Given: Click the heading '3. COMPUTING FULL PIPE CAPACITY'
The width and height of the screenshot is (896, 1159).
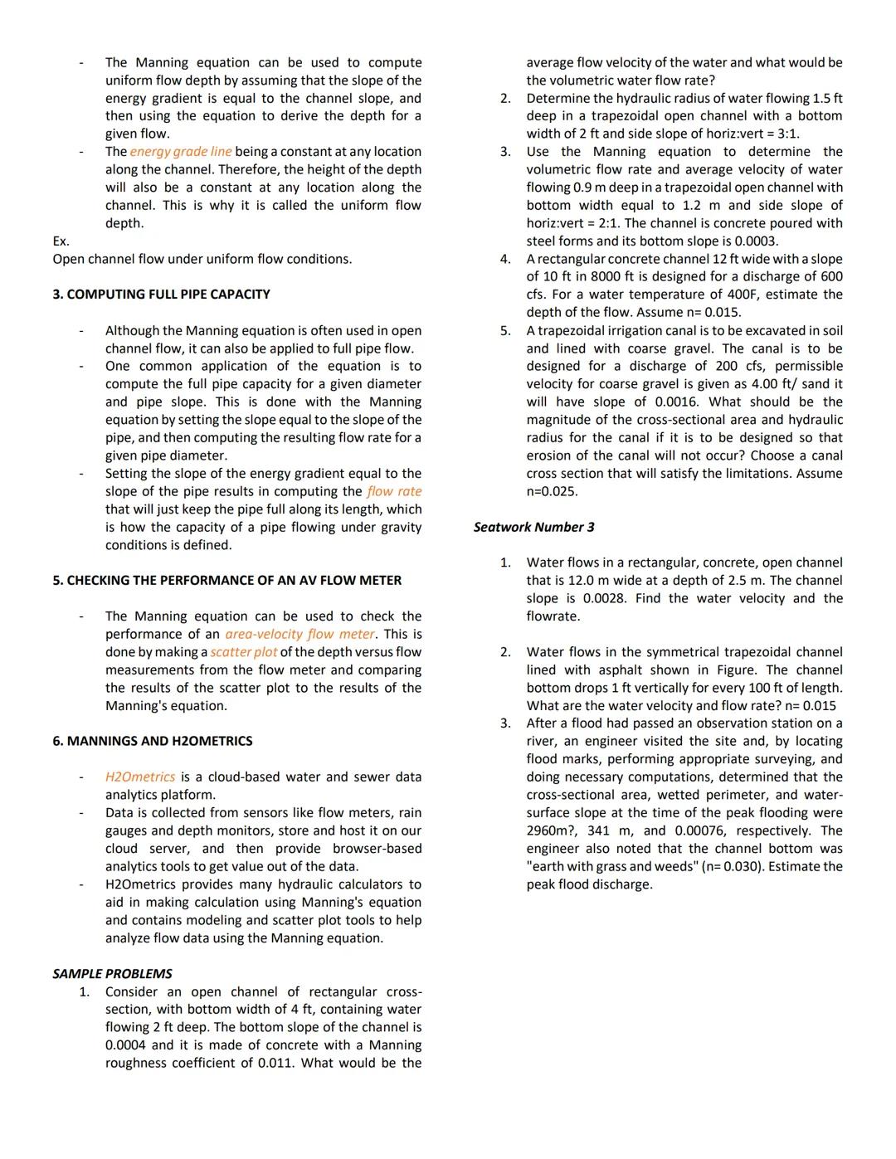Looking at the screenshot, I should (161, 295).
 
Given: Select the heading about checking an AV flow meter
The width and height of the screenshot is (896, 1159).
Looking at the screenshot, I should (226, 581).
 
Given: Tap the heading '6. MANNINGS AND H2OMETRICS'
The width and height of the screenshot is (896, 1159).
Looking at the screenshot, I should (153, 741).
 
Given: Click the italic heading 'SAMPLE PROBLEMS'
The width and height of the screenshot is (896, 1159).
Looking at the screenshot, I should (112, 974).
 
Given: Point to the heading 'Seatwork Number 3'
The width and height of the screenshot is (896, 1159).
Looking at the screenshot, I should (533, 528).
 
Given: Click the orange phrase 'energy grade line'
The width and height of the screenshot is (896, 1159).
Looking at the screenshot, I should (181, 152).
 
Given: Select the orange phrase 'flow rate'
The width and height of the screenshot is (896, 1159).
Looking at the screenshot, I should (394, 491).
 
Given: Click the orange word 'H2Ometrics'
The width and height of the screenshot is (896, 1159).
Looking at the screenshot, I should (140, 777).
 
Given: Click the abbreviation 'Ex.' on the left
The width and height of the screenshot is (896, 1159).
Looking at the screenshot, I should (61, 241).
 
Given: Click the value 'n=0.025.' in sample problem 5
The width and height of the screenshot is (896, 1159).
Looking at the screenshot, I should (552, 491).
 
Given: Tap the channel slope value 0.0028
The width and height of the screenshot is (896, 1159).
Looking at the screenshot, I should (602, 599).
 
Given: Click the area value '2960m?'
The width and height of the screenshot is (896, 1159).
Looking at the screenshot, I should (551, 830).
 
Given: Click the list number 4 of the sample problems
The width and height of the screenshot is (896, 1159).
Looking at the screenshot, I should (504, 259).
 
